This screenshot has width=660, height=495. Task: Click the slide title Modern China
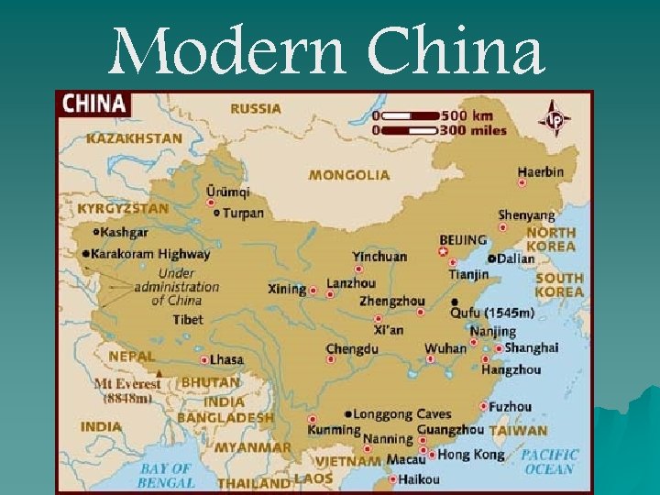pyautogui.click(x=326, y=51)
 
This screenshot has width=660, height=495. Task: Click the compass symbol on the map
pyautogui.click(x=555, y=120)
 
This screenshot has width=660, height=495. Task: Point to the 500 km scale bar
pyautogui.click(x=412, y=115)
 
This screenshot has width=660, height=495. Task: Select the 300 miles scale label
pyautogui.click(x=472, y=130)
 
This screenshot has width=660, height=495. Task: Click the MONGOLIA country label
pyautogui.click(x=348, y=174)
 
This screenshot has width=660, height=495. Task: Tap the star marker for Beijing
pyautogui.click(x=443, y=250)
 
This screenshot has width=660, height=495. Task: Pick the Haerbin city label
pyautogui.click(x=541, y=171)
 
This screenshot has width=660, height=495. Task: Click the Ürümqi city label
pyautogui.click(x=227, y=192)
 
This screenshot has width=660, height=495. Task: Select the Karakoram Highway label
pyautogui.click(x=151, y=254)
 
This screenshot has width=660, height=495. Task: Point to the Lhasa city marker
pyautogui.click(x=204, y=360)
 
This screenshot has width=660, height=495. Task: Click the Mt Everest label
pyautogui.click(x=127, y=384)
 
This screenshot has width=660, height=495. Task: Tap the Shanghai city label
pyautogui.click(x=532, y=347)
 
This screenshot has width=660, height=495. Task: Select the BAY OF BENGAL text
pyautogui.click(x=166, y=475)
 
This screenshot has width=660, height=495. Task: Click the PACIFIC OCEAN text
pyautogui.click(x=550, y=461)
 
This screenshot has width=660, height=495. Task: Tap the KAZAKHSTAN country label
pyautogui.click(x=135, y=138)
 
